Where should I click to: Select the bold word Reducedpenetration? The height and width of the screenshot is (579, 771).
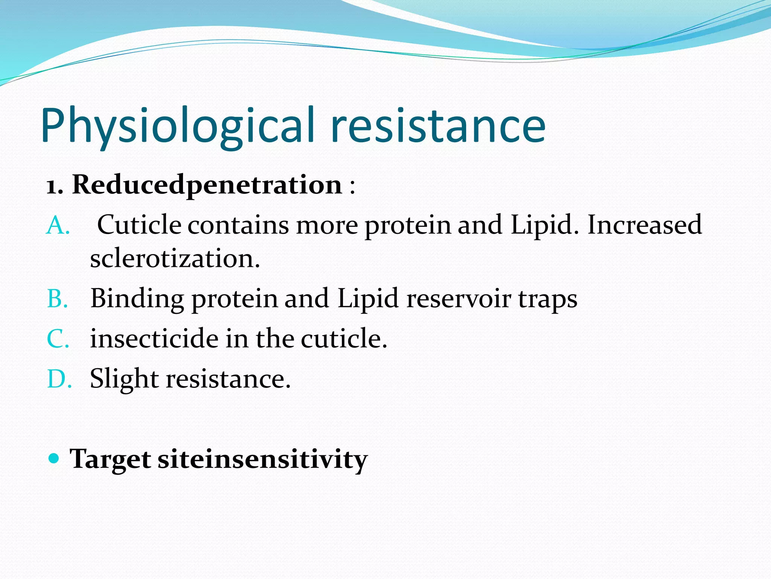207,185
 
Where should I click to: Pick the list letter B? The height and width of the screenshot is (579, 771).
58,299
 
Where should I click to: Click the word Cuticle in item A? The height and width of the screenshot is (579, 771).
139,225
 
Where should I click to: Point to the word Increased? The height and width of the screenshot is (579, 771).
644,225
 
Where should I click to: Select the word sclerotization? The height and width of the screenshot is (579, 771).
175,259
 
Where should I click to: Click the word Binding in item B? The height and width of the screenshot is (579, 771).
137,299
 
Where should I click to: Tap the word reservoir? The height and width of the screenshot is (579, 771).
459,299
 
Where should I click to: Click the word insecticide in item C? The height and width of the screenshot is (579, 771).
154,339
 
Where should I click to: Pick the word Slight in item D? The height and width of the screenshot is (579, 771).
124,379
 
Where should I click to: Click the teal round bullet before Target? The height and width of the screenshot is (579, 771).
54,458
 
